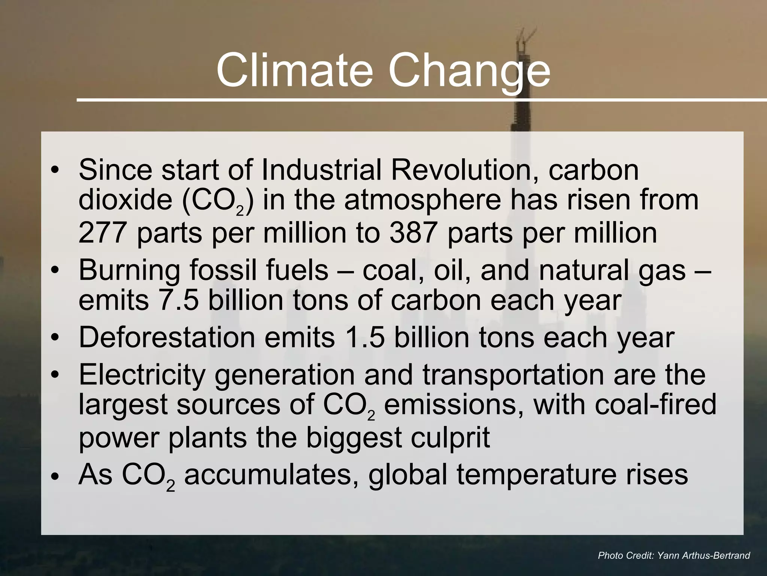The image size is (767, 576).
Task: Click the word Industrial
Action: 321,170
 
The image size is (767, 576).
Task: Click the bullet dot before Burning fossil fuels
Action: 55,271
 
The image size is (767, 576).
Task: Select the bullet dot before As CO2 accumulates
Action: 55,476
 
